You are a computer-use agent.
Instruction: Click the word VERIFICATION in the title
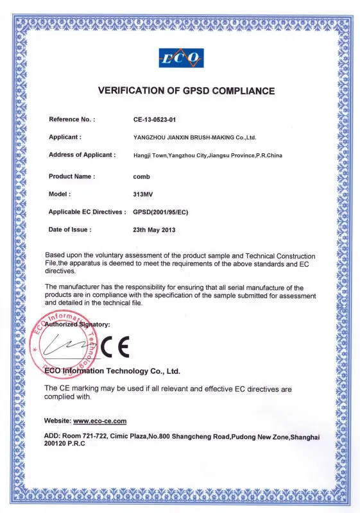(130, 91)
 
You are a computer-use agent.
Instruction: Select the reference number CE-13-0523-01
(157, 119)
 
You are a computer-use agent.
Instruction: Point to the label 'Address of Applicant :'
(82, 155)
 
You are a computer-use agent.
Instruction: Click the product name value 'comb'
(141, 176)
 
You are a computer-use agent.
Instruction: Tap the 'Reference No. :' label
(72, 119)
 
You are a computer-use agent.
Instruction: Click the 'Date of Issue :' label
(70, 229)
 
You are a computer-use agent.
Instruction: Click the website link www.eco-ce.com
(100, 421)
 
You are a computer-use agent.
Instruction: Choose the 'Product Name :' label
(72, 176)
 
